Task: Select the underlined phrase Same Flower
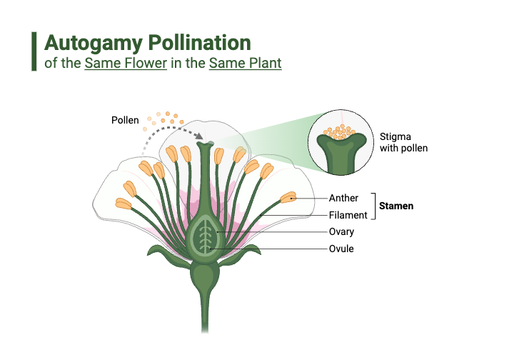click(126, 63)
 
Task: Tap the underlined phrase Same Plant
click(245, 63)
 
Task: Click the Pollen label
click(125, 120)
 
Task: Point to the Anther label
click(343, 198)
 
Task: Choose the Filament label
click(348, 215)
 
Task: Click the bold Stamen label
click(396, 206)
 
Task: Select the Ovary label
click(341, 232)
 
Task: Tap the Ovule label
click(341, 249)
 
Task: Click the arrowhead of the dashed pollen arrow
click(201, 138)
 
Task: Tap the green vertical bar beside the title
click(34, 51)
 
